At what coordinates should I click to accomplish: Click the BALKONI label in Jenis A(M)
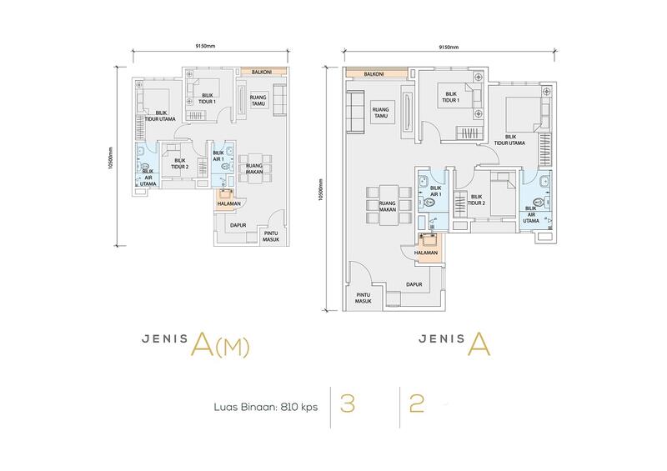[262, 72]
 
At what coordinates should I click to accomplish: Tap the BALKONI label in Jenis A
[374, 74]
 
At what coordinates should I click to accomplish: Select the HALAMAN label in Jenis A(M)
[228, 203]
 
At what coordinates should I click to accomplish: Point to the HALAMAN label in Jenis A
[426, 253]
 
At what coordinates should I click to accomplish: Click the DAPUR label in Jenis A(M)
[238, 225]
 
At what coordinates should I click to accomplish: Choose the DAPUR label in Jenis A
[414, 284]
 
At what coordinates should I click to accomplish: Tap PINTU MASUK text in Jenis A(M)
[271, 236]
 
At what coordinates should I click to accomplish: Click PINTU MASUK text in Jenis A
[364, 298]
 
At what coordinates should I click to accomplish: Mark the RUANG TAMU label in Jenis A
[381, 113]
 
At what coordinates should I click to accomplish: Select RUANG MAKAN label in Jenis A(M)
[254, 168]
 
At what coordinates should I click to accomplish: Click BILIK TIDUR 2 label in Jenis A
[476, 200]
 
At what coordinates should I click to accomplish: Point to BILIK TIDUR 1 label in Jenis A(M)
[207, 98]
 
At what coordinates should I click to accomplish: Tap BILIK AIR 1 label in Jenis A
[436, 191]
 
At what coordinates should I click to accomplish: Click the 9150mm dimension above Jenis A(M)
[205, 46]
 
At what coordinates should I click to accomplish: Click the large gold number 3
[348, 403]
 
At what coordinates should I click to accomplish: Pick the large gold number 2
[416, 403]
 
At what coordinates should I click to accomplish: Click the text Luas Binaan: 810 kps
[266, 407]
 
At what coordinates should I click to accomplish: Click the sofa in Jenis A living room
[356, 111]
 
